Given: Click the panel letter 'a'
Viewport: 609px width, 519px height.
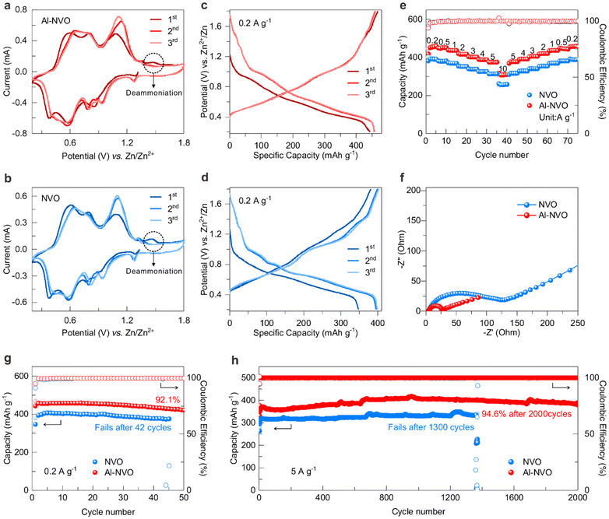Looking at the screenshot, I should [x=6, y=7].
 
